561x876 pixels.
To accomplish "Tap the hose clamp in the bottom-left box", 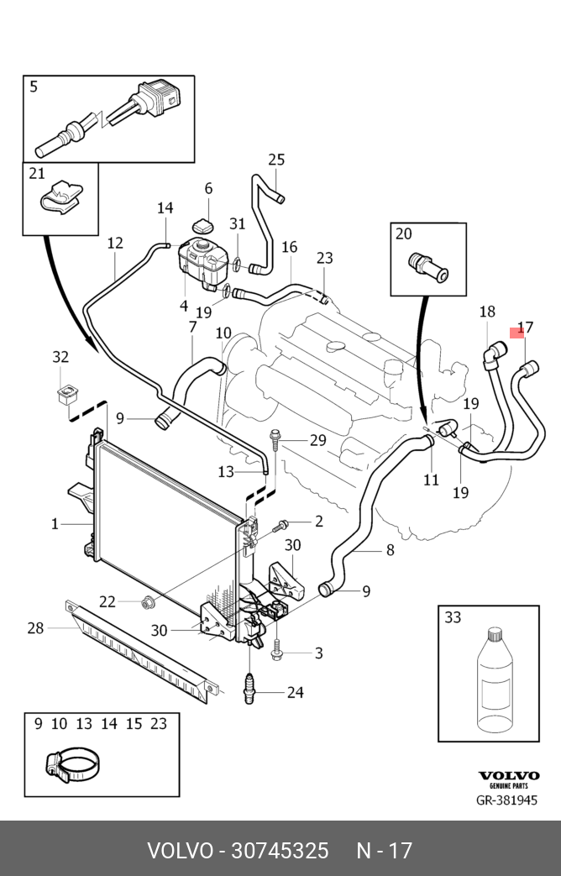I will (x=72, y=764).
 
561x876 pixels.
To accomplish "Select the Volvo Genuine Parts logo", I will (x=508, y=779).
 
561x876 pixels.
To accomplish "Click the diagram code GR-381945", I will (x=506, y=800).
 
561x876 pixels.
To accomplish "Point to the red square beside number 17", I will (x=517, y=333).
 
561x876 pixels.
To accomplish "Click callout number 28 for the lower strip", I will (x=35, y=627).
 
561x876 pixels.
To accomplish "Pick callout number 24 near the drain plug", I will (x=295, y=693).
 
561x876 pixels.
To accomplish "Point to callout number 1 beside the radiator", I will (x=55, y=524).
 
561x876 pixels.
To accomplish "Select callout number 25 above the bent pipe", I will (x=276, y=160).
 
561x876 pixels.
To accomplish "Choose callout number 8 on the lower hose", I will (x=390, y=551).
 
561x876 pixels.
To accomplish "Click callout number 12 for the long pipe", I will (x=115, y=244).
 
